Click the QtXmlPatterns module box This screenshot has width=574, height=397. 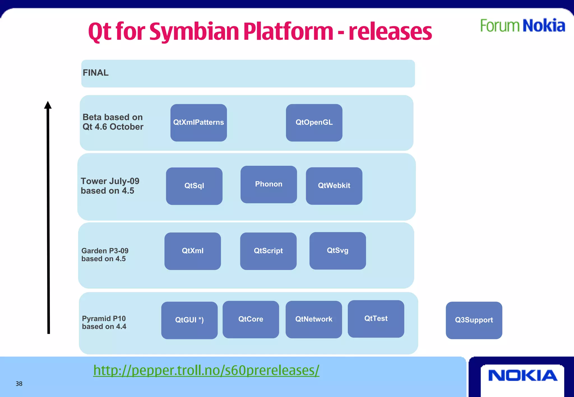coord(198,123)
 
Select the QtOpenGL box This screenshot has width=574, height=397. coord(314,123)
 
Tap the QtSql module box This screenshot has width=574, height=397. coord(194,186)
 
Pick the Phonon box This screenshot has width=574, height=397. coord(269,184)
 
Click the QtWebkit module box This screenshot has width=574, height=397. coord(334,186)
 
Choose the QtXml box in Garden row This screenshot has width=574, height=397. coord(193,251)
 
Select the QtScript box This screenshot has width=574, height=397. coord(268,251)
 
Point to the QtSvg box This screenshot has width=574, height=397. coord(337,251)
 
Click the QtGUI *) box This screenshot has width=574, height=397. coord(189,320)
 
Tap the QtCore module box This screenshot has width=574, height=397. coord(251,319)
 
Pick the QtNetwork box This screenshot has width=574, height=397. coord(314,319)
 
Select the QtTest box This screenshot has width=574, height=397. coord(376,319)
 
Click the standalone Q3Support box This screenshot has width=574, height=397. coord(474,320)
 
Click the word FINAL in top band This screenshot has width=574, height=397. coord(96,73)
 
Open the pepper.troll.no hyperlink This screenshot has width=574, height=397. coord(206,370)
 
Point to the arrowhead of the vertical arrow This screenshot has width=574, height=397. coord(48,105)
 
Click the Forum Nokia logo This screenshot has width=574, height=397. coord(522,26)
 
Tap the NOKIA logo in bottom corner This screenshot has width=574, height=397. coord(522,375)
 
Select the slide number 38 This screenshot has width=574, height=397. coord(19,384)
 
